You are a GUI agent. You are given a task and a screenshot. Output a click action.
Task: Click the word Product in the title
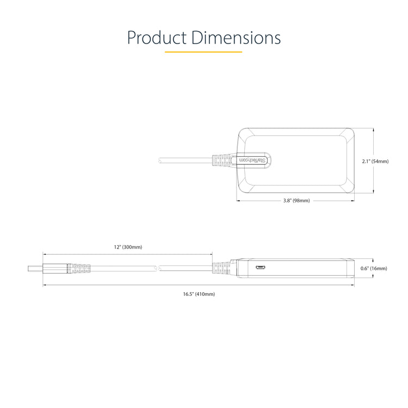(157, 38)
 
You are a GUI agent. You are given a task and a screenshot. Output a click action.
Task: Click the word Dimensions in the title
(236, 38)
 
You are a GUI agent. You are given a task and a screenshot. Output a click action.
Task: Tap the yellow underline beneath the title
(203, 52)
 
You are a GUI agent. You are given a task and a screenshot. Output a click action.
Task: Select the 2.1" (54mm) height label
(375, 161)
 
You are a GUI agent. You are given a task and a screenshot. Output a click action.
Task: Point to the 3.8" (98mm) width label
(296, 201)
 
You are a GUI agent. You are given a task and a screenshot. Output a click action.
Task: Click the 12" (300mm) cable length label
(128, 247)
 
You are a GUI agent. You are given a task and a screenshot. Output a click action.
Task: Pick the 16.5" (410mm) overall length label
(199, 294)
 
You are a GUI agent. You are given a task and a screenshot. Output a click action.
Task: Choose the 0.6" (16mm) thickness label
(374, 268)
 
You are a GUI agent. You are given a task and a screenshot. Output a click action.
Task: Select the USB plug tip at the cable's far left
(35, 268)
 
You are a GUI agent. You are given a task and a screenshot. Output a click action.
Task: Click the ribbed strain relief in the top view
(221, 160)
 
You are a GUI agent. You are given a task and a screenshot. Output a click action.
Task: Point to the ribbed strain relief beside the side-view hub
(221, 268)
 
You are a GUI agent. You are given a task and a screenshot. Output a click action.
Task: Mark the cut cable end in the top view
(159, 160)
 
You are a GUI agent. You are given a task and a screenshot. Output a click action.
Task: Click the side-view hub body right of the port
(310, 268)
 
